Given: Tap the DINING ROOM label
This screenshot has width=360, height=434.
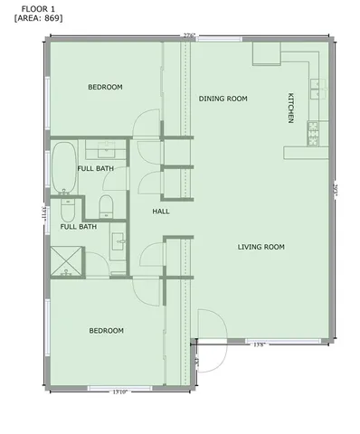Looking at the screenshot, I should coord(223,99).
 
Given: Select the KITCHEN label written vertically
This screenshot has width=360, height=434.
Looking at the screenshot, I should coord(290,108).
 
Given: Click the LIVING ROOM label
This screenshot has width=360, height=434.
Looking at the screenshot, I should coord(261,247).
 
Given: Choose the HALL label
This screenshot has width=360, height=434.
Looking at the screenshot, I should coord(161,212).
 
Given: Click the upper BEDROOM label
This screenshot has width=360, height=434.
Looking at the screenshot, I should coord(105,87).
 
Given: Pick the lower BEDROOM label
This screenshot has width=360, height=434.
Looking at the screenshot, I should coord(106,331).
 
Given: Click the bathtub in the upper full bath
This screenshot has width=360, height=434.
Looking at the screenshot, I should coord(63,168).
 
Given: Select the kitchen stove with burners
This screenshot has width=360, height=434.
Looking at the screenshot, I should coord(314,135).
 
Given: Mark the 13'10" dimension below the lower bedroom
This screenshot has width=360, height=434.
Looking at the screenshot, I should coord(119,392).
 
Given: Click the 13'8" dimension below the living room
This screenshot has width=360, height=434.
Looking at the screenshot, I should coord(259,344).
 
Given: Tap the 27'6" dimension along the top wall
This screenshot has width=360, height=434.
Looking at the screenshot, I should coord(189,36).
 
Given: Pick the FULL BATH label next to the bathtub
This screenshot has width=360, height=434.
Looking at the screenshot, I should coord(96,169).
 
